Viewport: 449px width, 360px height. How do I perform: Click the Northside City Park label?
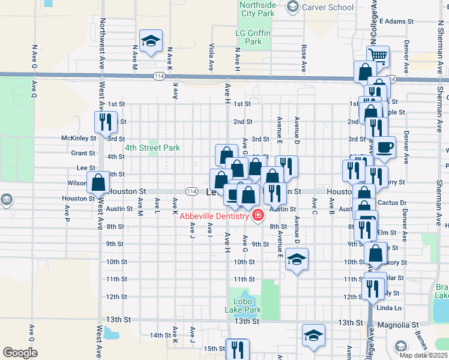point(258,9)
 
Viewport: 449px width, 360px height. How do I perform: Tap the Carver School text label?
point(327,7)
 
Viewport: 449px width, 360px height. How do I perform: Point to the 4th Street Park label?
point(152,148)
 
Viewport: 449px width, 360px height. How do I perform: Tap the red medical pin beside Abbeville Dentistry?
point(258,215)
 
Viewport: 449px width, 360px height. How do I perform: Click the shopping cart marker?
point(378,56)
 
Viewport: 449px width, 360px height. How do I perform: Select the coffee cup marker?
point(384,146)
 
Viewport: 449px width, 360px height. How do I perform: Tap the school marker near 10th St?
point(297,259)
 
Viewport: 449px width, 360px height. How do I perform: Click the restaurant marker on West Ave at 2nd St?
point(105,122)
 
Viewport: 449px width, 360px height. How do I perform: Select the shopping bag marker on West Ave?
point(98,182)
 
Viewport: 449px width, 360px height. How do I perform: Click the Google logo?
point(20,353)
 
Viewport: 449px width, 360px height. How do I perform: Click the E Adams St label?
point(397,21)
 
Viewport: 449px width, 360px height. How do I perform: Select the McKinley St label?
point(79,138)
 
